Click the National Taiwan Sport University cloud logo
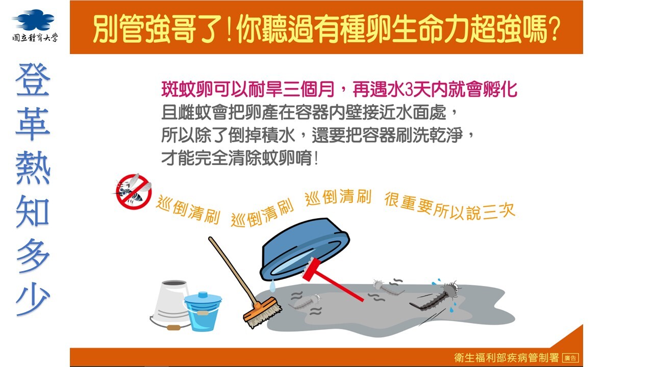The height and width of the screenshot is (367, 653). (33, 20)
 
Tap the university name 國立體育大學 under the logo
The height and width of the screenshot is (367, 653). (35, 37)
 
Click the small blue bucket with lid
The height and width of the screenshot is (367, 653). (203, 311)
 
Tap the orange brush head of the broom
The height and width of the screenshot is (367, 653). (262, 312)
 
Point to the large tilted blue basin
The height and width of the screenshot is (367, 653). (304, 250)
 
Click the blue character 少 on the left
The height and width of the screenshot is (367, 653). (33, 299)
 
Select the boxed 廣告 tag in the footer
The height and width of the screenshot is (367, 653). (570, 358)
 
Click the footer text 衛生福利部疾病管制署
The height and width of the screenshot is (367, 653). (507, 358)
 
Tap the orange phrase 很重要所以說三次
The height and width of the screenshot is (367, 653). (450, 206)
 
